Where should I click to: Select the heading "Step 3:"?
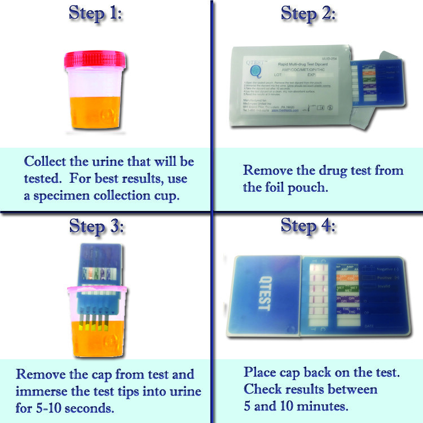point(95,226)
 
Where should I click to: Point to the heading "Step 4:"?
point(308,226)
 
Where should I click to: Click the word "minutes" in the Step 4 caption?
point(326,405)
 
